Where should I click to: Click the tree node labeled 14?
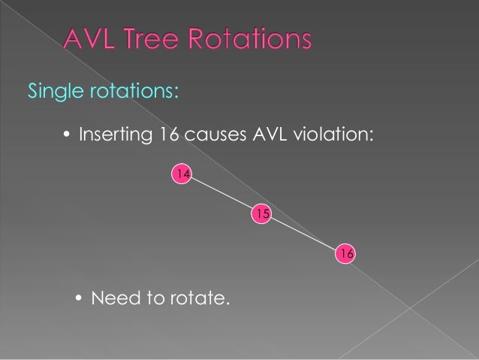182,174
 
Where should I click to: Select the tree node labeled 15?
261,214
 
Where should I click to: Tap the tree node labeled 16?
345,254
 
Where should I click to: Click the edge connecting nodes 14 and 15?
221,195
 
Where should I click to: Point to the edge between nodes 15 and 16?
303,234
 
